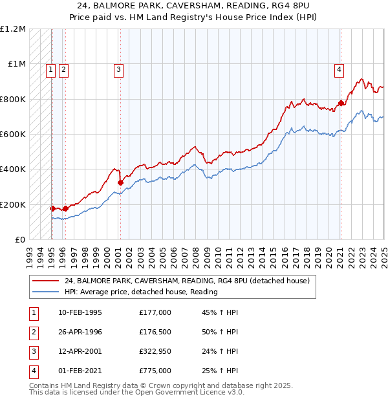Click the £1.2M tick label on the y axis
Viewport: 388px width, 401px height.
pyautogui.click(x=13, y=29)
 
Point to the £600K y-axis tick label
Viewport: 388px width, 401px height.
pyautogui.click(x=13, y=135)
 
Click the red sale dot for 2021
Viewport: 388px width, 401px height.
pyautogui.click(x=341, y=103)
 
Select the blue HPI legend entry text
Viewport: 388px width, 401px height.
pyautogui.click(x=140, y=292)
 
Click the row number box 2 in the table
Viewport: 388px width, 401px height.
pyautogui.click(x=33, y=332)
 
